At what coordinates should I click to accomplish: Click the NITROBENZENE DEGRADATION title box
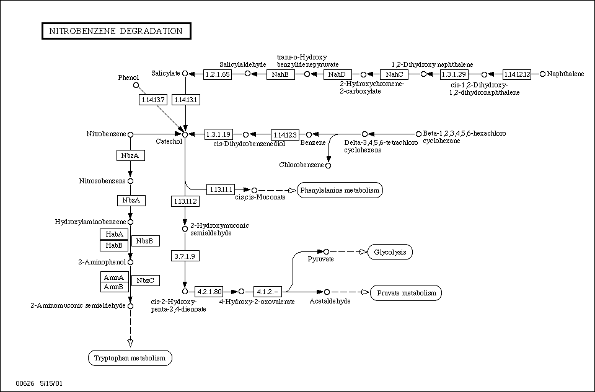pyautogui.click(x=116, y=31)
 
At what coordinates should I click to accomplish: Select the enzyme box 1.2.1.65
pyautogui.click(x=218, y=74)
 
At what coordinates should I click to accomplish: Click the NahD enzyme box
pyautogui.click(x=337, y=74)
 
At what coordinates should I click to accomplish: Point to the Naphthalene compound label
pyautogui.click(x=566, y=74)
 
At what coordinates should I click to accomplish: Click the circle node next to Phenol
pyautogui.click(x=136, y=85)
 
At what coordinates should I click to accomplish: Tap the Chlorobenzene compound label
pyautogui.click(x=301, y=165)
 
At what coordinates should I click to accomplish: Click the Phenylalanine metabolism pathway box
pyautogui.click(x=340, y=189)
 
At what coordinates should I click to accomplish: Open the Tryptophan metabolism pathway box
pyautogui.click(x=130, y=358)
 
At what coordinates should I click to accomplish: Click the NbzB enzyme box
pyautogui.click(x=144, y=240)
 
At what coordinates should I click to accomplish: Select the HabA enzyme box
pyautogui.click(x=115, y=234)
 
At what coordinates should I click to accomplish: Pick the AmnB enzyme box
pyautogui.click(x=115, y=287)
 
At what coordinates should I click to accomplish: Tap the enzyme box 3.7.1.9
pyautogui.click(x=185, y=256)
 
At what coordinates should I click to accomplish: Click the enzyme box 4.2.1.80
pyautogui.click(x=208, y=291)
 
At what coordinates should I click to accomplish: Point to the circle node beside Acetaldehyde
pyautogui.click(x=327, y=291)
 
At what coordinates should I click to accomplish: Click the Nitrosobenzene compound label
pyautogui.click(x=102, y=181)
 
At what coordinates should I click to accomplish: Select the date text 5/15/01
pyautogui.click(x=50, y=383)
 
